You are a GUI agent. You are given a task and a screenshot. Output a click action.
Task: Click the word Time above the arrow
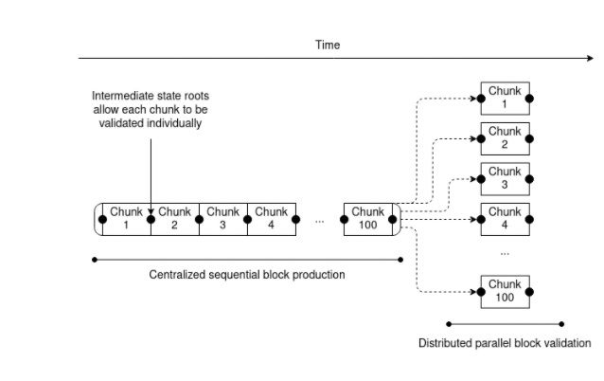328,45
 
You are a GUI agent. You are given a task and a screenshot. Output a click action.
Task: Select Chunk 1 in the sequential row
126,218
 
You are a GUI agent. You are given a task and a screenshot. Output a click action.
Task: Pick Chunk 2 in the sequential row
174,218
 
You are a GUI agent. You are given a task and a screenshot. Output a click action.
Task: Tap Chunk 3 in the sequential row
222,218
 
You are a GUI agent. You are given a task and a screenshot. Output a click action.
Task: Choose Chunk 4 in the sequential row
271,218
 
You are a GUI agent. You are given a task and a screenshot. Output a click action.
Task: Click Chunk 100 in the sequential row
368,218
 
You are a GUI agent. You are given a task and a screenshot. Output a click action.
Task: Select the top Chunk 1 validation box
505,97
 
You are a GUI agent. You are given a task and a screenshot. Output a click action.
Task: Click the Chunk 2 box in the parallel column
505,137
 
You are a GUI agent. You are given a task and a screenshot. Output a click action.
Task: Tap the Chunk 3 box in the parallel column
505,178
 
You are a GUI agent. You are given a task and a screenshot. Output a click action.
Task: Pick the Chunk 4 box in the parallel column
505,218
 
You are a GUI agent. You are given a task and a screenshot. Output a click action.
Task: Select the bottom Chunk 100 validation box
505,290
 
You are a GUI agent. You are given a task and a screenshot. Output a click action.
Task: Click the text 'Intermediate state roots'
151,96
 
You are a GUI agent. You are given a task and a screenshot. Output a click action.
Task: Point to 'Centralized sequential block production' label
247,275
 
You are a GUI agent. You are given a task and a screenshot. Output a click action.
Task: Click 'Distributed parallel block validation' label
505,342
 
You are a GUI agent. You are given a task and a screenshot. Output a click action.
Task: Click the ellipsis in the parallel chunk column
505,252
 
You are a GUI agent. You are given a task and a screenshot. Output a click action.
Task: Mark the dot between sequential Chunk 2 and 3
199,218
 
